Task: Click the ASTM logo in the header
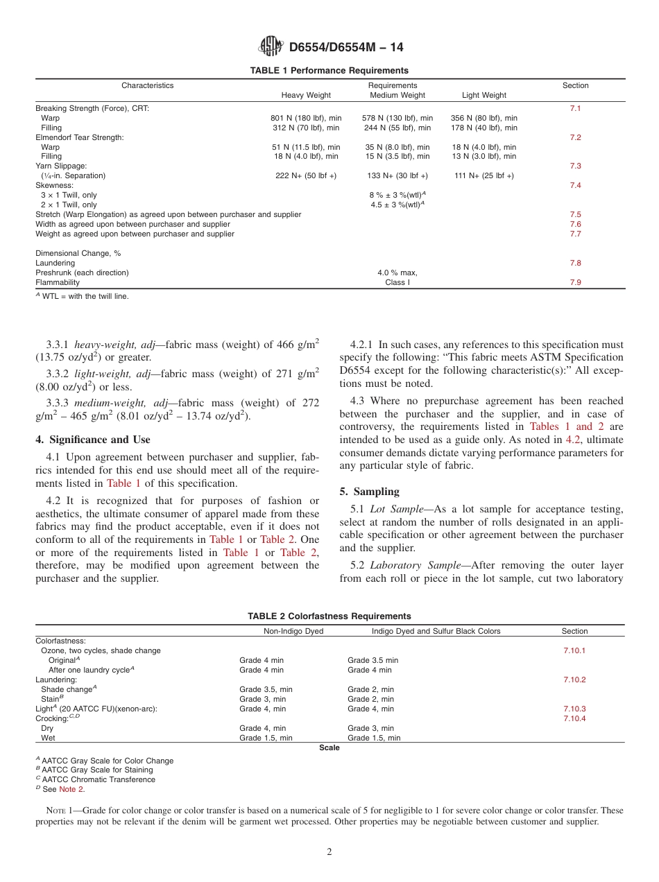271,47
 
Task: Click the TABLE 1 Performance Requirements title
329,71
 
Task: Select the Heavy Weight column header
305,96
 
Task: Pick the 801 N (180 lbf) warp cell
306,119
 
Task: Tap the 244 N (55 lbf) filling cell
397,128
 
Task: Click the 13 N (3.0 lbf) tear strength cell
484,157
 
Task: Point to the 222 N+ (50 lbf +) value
306,176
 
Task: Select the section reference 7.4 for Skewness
575,186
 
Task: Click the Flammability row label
58,283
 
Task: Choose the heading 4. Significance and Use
93,440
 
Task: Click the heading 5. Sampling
369,492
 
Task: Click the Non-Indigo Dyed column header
293,632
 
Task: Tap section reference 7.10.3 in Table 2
574,709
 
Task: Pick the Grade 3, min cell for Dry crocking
370,729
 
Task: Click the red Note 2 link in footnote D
71,790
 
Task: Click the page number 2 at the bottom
329,852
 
